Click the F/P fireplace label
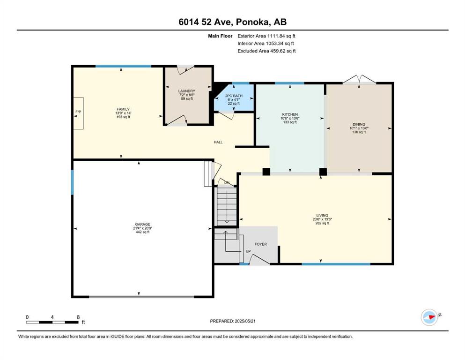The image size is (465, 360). pos(78,112)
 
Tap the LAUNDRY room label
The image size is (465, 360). pos(186,91)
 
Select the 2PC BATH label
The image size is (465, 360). pos(234,96)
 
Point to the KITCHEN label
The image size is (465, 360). pos(290,114)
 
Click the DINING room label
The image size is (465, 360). pos(359,124)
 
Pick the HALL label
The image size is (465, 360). pos(218,142)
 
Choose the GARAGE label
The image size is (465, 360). pos(143,225)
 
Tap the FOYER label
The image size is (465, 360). pos(261,244)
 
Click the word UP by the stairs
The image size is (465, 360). pos(248,251)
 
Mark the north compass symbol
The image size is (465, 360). pos(429,317)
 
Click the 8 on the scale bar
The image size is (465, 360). pos(78,317)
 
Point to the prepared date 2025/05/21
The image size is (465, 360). pos(245,321)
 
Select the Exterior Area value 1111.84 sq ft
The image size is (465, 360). pos(281,36)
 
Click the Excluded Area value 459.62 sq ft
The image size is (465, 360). pos(283,51)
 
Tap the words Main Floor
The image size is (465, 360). pos(220,36)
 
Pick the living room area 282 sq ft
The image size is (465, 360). pos(322,223)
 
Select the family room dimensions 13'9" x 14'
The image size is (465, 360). pos(123,113)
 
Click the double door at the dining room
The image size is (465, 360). pos(359,79)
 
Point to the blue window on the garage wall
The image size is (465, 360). pos(72,182)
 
